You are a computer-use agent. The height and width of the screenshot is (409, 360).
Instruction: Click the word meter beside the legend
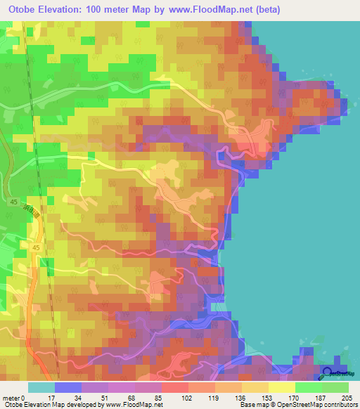[x=11, y=397]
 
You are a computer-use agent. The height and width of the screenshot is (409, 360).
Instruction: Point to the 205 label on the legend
[x=345, y=397]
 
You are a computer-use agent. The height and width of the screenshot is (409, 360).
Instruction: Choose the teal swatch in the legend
[x=41, y=387]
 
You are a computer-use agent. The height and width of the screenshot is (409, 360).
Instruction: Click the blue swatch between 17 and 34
[x=68, y=387]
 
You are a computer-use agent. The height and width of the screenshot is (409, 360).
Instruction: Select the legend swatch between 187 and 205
[x=335, y=387]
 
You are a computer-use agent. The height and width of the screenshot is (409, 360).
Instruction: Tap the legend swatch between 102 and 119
[x=202, y=387]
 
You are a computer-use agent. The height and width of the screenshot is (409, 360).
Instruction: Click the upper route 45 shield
[x=34, y=202]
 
